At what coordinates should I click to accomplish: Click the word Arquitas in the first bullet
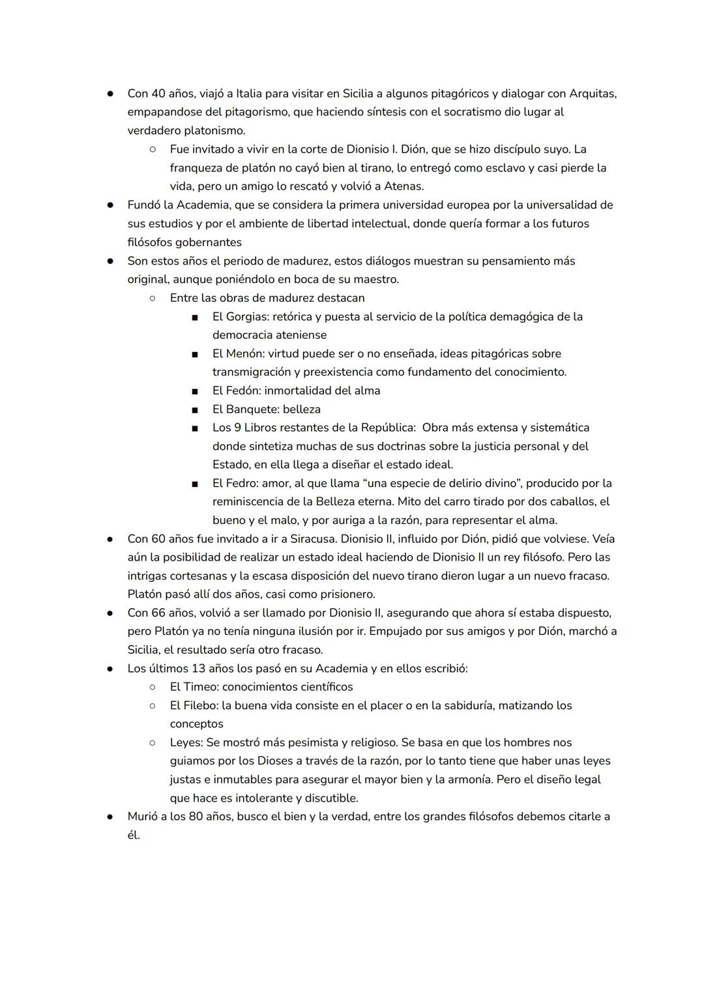coord(593,93)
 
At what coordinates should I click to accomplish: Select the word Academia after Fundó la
coord(201,205)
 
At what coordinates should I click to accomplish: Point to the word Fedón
coord(241,391)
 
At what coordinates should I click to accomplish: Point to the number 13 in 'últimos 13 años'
coord(199,669)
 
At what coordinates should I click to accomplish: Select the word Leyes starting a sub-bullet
coord(185,742)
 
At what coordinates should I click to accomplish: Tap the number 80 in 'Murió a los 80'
coord(196,817)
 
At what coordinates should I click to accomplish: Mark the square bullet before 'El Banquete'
coord(194,410)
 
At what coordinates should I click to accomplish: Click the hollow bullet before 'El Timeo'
coord(152,687)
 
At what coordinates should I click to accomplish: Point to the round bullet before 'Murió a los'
coord(111,817)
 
